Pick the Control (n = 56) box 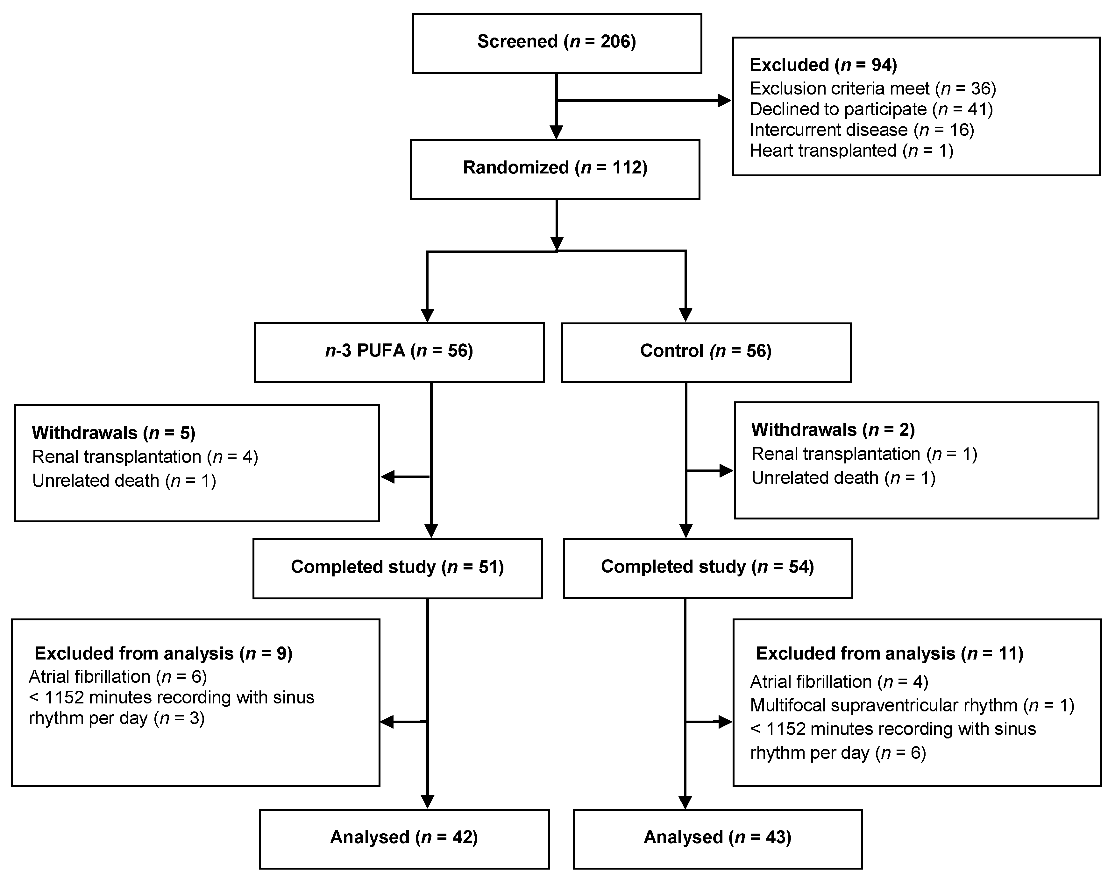[x=706, y=352]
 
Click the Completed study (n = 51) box [x=397, y=568]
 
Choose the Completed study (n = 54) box [x=707, y=568]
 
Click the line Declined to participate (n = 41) [x=871, y=109]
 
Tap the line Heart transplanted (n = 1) [x=851, y=151]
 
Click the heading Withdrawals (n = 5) [x=114, y=433]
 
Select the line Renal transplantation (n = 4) [x=145, y=457]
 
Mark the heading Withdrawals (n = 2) [x=833, y=430]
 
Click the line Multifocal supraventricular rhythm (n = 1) [x=912, y=705]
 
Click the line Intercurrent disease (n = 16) [x=862, y=130]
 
